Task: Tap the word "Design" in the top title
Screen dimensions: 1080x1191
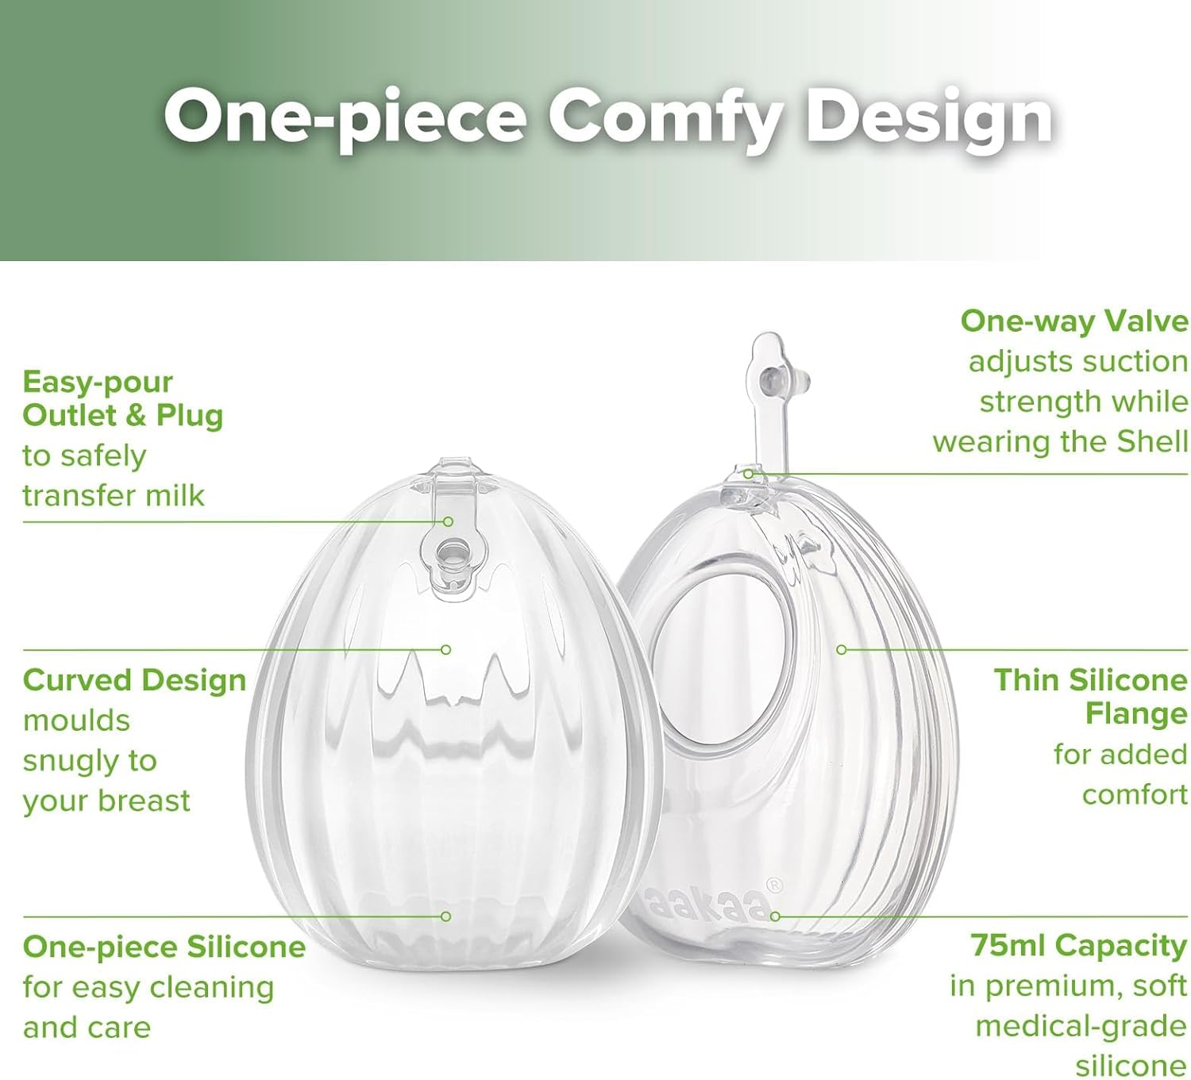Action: pos(930,119)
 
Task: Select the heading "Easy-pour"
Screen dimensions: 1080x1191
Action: pos(97,382)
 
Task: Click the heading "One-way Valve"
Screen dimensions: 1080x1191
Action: pos(1073,321)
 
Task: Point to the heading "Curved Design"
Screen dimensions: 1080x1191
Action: pos(134,680)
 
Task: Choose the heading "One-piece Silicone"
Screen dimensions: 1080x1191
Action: pos(164,947)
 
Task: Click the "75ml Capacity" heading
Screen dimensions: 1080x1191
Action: pos(1077,945)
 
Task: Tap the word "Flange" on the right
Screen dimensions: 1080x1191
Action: pos(1135,713)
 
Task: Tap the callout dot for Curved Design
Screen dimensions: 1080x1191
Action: pos(445,650)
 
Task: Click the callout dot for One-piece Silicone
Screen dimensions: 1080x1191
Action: pos(445,917)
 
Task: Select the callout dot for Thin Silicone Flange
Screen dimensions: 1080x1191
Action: pos(842,650)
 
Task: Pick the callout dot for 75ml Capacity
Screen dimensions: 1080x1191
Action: pos(775,917)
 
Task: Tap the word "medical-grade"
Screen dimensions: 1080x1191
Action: pos(1081,1026)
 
